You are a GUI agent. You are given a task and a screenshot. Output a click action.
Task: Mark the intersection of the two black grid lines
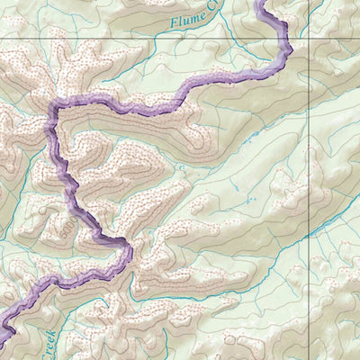pos(303,40)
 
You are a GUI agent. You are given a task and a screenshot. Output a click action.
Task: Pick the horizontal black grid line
pos(135,40)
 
